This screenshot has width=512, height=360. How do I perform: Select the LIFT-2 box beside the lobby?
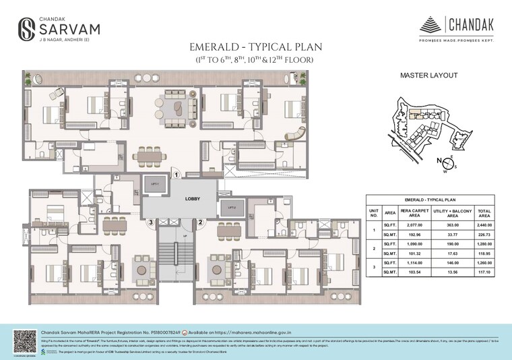coord(231,208)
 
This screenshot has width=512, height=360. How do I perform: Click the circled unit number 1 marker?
coord(177,174)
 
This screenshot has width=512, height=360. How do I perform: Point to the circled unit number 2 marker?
coord(200,222)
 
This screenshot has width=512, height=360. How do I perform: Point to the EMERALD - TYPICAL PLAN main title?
coord(255,48)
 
